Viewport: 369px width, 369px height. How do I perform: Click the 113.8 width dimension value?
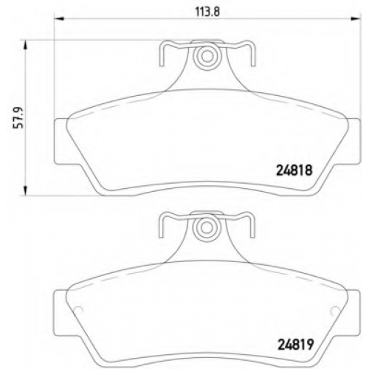coord(207,12)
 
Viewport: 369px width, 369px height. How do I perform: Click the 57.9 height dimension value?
coord(18,117)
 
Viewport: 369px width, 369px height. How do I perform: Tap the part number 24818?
coord(294,170)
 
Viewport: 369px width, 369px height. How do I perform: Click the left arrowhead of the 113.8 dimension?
coord(59,18)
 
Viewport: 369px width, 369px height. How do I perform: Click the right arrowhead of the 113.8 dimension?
coord(356,18)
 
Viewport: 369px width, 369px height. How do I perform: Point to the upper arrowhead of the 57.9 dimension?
coord(25,46)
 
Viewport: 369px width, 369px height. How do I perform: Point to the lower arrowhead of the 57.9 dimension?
coord(25,190)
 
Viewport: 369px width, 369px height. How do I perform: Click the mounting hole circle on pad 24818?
coord(207,56)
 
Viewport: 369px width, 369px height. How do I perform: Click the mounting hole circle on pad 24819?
coord(207,228)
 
